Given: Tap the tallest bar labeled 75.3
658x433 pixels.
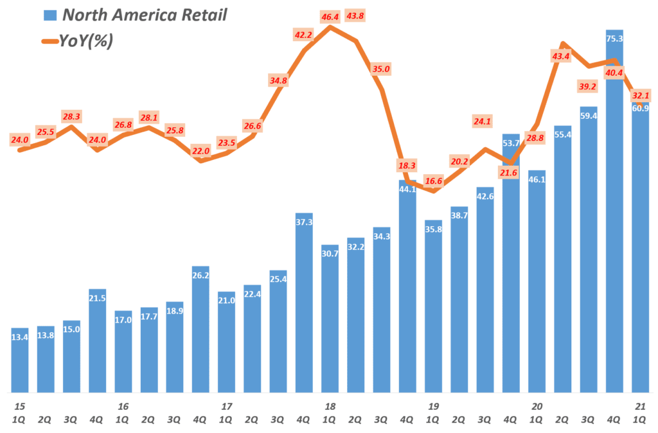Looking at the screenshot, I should click(614, 212).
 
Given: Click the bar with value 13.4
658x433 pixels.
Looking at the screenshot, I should click(20, 360).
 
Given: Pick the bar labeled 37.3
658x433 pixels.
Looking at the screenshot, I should click(304, 302).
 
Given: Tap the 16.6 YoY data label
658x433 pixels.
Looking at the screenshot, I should click(433, 181).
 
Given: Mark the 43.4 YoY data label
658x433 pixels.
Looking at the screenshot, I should click(561, 57).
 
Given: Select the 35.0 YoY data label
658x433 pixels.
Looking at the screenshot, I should click(381, 69).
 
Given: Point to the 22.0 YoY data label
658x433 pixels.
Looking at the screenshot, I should click(201, 151).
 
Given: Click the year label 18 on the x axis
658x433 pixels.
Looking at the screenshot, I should click(330, 406).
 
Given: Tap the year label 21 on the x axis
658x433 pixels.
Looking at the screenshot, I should click(641, 406).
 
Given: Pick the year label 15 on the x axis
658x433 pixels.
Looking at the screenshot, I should click(20, 406).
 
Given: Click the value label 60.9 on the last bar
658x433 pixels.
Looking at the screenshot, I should click(641, 108).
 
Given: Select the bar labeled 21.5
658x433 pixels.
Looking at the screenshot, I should click(98, 340).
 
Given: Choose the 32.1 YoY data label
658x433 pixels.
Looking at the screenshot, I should click(641, 95).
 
